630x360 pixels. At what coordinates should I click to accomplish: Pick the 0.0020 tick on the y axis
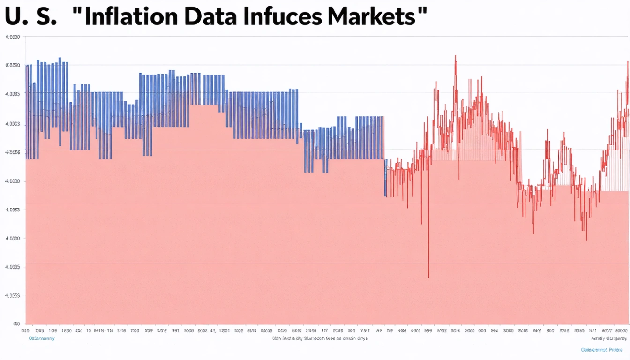(12, 66)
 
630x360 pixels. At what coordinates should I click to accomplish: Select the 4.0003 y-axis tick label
(12, 124)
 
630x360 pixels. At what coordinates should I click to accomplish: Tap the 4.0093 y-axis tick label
(12, 296)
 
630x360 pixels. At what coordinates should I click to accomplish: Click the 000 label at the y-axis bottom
(15, 324)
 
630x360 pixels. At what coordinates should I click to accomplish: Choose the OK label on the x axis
(78, 330)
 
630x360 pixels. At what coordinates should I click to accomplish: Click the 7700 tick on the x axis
(135, 330)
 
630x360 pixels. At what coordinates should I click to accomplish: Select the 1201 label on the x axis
(224, 330)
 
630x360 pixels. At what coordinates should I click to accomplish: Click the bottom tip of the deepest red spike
(428, 277)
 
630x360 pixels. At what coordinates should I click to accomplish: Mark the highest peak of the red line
(455, 56)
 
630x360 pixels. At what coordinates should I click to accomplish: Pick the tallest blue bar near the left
(60, 59)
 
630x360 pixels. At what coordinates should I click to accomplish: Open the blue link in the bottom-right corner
(602, 350)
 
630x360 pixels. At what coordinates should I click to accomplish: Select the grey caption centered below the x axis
(320, 337)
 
